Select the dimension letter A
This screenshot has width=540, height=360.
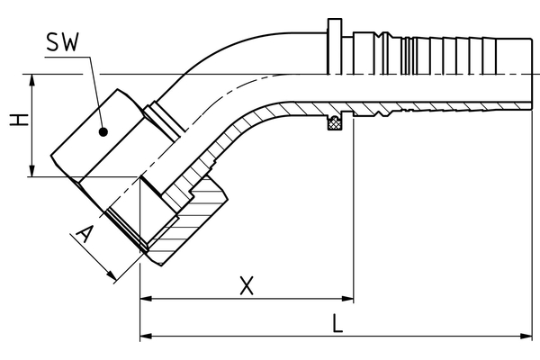pyautogui.click(x=85, y=237)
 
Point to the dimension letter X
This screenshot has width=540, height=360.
pyautogui.click(x=245, y=286)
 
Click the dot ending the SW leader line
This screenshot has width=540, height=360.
pyautogui.click(x=104, y=130)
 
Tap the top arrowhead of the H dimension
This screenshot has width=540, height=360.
pyautogui.click(x=33, y=79)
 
